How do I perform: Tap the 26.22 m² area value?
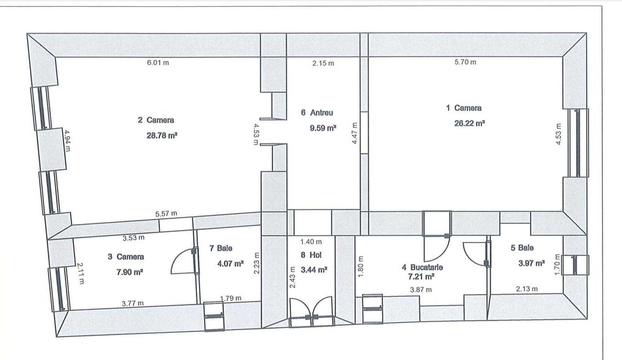[x=470, y=123]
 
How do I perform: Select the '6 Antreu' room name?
[x=317, y=113]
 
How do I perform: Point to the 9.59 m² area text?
[x=323, y=129]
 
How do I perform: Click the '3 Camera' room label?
[x=126, y=256]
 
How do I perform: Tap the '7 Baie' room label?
[x=221, y=248]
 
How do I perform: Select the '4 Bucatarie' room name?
[x=422, y=266]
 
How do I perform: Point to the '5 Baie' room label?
[x=521, y=247]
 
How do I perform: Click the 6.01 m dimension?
[x=157, y=63]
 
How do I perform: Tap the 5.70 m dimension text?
[x=465, y=63]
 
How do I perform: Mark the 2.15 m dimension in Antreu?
[x=323, y=63]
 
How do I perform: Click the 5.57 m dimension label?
[x=166, y=214]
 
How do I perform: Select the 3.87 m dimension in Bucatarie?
[x=420, y=289]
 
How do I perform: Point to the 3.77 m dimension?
[x=132, y=303]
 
